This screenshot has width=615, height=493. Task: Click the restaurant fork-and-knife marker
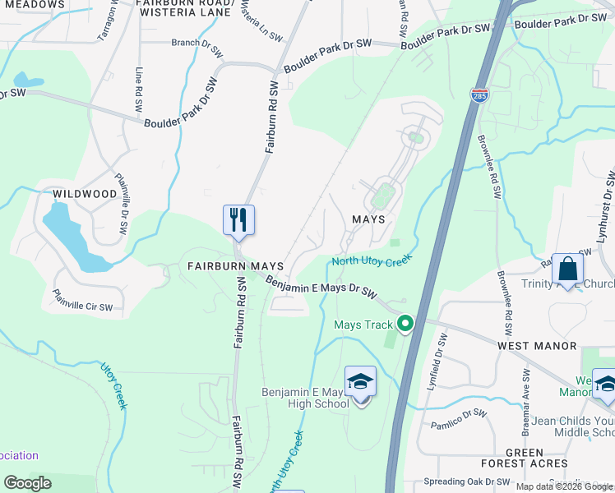(238, 220)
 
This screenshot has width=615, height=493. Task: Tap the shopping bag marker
(567, 269)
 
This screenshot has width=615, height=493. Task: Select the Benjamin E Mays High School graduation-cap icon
(360, 382)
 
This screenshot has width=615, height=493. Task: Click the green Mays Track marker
(405, 324)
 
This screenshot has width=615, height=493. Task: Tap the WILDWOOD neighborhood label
(85, 194)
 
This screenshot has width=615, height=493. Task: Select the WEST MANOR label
(537, 347)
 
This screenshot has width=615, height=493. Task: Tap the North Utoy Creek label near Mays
(371, 261)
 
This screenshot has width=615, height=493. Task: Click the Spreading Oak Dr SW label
(466, 481)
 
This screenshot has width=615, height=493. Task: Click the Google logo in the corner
(27, 483)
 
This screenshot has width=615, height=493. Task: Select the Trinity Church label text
(567, 284)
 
